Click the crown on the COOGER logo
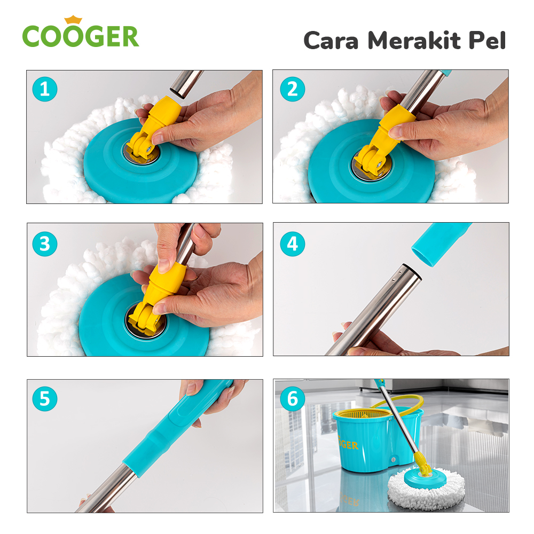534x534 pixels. [x=73, y=20]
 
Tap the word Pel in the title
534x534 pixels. [x=487, y=41]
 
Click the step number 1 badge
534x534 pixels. [x=44, y=89]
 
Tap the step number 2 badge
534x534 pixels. [x=292, y=89]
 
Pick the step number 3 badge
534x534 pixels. [x=44, y=244]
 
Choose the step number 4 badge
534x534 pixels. [x=292, y=244]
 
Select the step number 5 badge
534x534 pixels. [x=44, y=398]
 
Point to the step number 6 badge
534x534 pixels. [x=292, y=398]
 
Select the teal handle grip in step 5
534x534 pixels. [x=176, y=427]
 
